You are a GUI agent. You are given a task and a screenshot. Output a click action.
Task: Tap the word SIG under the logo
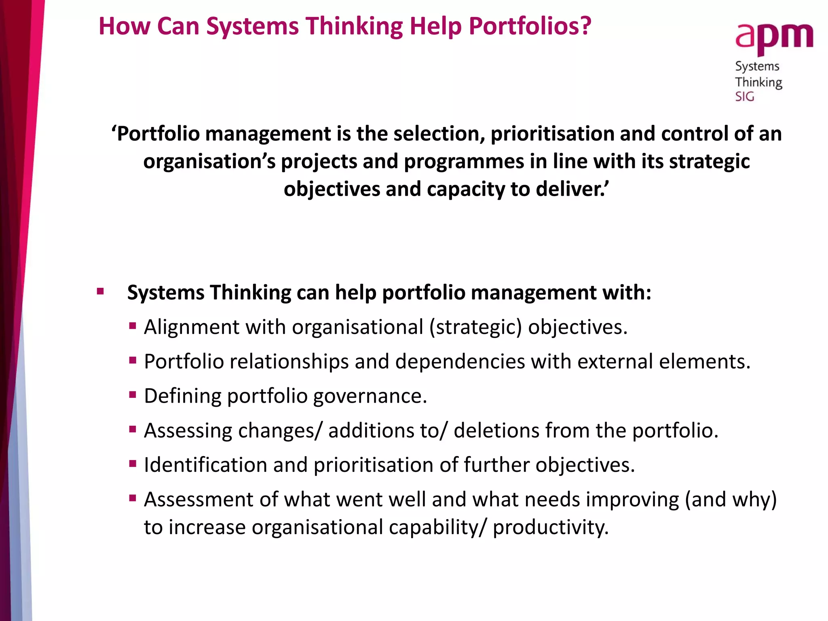click(744, 97)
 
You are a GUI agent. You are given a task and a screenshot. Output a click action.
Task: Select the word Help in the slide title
click(435, 26)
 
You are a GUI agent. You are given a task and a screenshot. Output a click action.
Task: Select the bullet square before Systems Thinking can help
click(101, 291)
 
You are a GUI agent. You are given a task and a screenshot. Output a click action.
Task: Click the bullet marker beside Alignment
click(133, 325)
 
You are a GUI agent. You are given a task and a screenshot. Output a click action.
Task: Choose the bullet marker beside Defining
click(133, 394)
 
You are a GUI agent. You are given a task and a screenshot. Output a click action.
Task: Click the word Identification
click(205, 465)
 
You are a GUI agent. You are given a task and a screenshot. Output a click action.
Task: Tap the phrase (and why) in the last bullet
click(731, 500)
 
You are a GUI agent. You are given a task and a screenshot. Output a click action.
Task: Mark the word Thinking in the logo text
click(758, 82)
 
